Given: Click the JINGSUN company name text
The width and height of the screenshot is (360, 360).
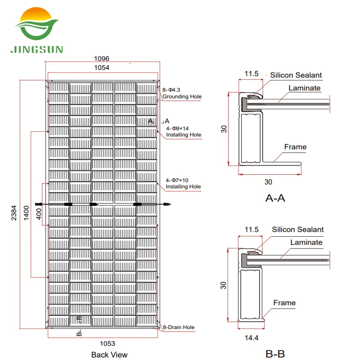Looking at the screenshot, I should pyautogui.click(x=38, y=49).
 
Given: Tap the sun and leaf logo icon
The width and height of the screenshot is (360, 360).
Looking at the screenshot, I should pyautogui.click(x=37, y=25).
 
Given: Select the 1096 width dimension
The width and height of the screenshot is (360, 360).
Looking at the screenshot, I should pyautogui.click(x=102, y=58).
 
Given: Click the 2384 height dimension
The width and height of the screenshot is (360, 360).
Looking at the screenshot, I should pyautogui.click(x=14, y=209).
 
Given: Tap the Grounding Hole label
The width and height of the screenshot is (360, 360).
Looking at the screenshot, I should pyautogui.click(x=182, y=97).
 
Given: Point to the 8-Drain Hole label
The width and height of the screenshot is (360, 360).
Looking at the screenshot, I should pyautogui.click(x=179, y=327).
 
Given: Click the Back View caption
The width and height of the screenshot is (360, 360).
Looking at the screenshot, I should pyautogui.click(x=109, y=355).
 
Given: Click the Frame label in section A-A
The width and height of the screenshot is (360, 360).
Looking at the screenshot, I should pyautogui.click(x=295, y=147).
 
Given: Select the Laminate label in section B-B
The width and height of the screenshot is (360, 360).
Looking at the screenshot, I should pyautogui.click(x=306, y=243).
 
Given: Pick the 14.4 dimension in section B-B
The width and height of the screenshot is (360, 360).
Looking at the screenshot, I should pyautogui.click(x=252, y=337).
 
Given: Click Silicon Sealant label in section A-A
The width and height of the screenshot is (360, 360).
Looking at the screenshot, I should pyautogui.click(x=296, y=75).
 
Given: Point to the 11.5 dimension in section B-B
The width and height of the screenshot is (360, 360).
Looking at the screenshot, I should pyautogui.click(x=252, y=229).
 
